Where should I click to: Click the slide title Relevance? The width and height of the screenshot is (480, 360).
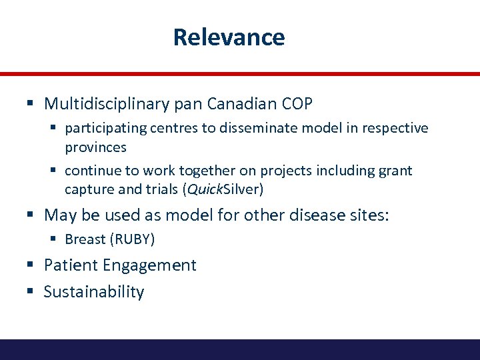click(x=229, y=37)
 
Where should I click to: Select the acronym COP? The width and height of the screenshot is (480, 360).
click(x=295, y=104)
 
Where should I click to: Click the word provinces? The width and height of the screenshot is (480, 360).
click(x=95, y=147)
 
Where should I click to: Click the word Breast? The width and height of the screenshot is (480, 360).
click(x=85, y=239)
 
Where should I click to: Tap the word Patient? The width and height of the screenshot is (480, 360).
click(x=69, y=265)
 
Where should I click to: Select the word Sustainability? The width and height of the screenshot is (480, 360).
click(x=94, y=292)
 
